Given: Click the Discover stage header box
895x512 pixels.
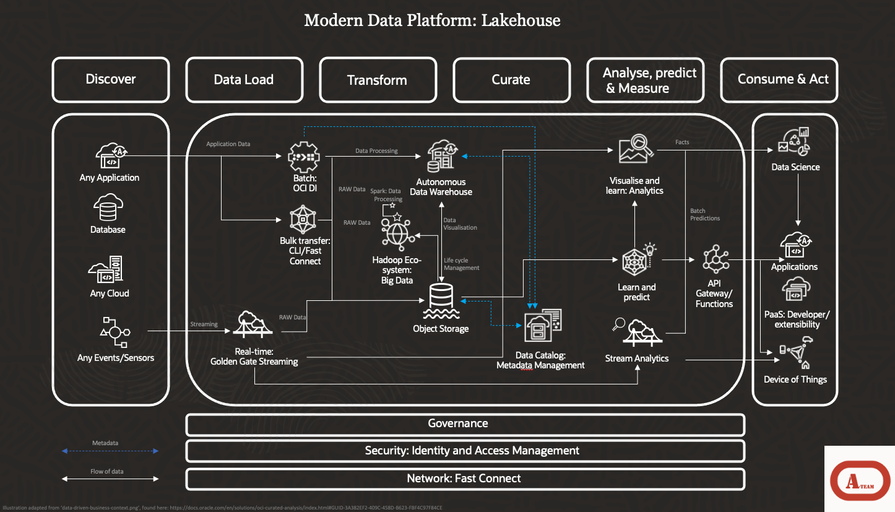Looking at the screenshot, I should pyautogui.click(x=111, y=80).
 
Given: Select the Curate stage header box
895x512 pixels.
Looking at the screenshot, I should pyautogui.click(x=511, y=80).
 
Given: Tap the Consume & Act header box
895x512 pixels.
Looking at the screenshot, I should pyautogui.click(x=779, y=80).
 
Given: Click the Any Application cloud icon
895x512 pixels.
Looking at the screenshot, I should pyautogui.click(x=111, y=157).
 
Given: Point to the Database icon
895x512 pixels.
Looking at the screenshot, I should pyautogui.click(x=109, y=209).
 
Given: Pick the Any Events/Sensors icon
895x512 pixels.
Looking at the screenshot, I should pyautogui.click(x=115, y=333).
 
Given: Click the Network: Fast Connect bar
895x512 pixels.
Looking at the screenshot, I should pyautogui.click(x=465, y=479).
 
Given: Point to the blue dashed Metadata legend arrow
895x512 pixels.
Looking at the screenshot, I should pyautogui.click(x=109, y=451).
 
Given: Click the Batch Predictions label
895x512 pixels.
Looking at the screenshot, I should pyautogui.click(x=705, y=214).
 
